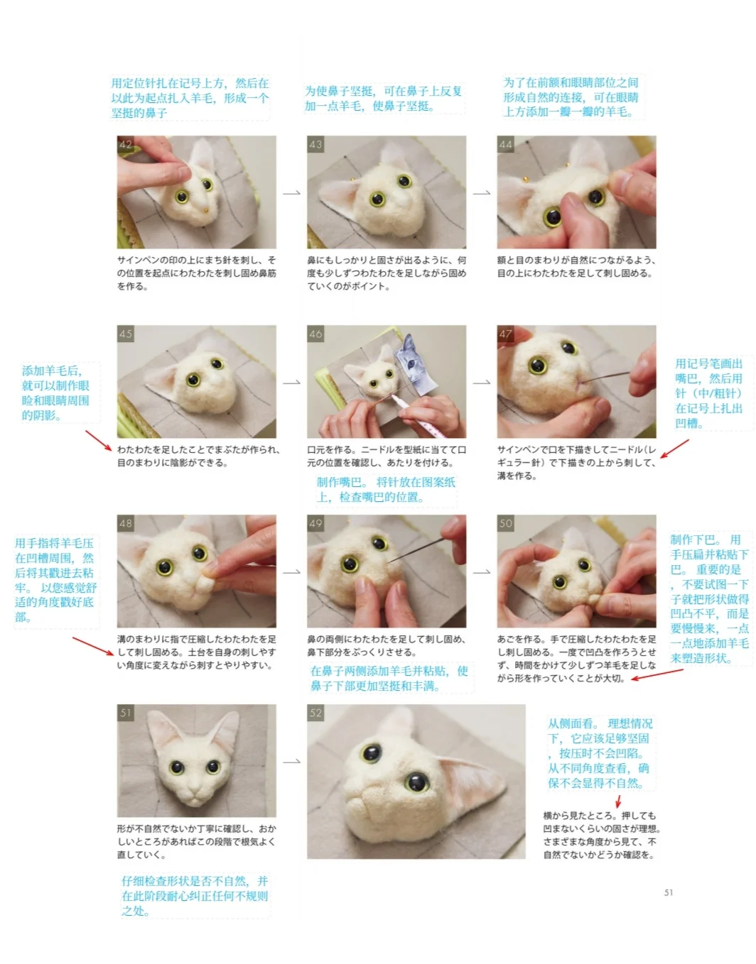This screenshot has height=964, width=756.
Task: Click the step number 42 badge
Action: point(126,144)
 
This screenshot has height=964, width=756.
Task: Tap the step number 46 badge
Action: point(315,334)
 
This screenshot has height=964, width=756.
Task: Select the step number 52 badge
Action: point(315,713)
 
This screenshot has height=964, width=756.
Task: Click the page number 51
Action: point(669,892)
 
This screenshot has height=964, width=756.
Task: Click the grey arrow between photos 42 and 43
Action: point(291,193)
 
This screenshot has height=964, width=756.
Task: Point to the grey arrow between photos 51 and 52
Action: point(291,761)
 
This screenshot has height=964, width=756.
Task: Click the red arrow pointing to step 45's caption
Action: point(99,440)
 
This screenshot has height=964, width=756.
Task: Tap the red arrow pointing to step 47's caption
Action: point(674,449)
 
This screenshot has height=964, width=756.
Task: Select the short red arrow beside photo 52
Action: point(618,801)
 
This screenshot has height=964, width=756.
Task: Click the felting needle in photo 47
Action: point(605,378)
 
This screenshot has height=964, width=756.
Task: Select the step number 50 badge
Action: point(505,523)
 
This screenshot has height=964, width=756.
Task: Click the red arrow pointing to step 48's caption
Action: point(93,646)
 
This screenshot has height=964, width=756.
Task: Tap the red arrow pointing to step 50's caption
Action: point(657,674)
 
